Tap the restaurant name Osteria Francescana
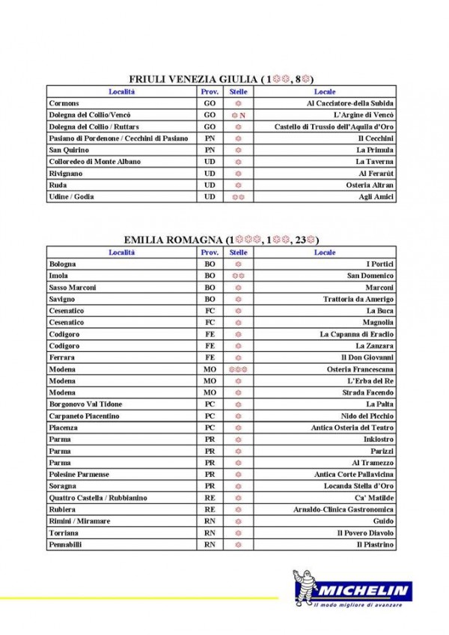click(x=361, y=369)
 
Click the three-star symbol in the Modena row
click(x=238, y=369)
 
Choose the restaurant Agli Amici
click(x=376, y=197)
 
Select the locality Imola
click(x=58, y=276)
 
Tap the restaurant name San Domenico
click(x=370, y=276)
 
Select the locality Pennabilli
click(x=65, y=545)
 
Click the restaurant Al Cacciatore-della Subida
click(x=350, y=103)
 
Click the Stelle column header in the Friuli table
click(x=238, y=91)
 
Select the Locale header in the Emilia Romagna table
click(x=325, y=252)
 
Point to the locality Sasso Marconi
click(x=72, y=288)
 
